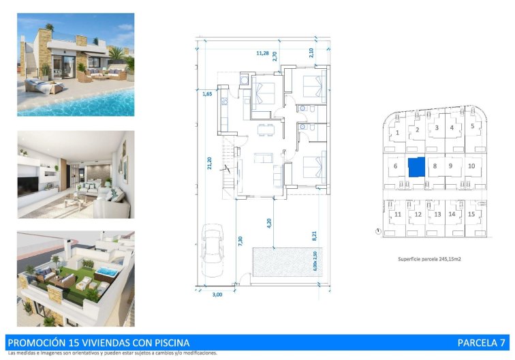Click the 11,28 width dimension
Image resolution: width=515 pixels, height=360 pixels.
(x=262, y=52)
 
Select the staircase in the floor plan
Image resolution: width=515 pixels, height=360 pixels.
(x=228, y=166)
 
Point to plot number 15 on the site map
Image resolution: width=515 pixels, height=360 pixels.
(x=471, y=214)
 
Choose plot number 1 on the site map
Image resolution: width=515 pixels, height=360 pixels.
(x=397, y=133)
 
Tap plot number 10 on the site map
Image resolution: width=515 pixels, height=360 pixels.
(x=471, y=166)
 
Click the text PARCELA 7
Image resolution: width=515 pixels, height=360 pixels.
(x=481, y=342)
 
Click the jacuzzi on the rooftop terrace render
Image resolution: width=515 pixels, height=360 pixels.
(x=105, y=272)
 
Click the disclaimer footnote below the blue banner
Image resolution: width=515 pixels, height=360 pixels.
(x=112, y=353)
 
